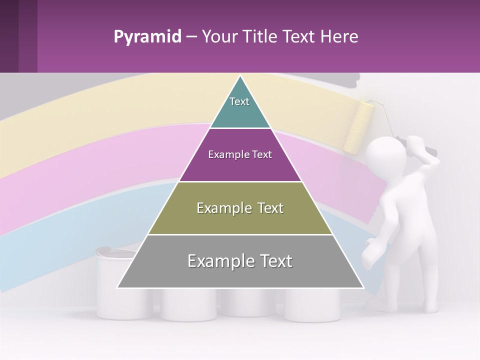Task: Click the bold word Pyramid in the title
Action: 147,37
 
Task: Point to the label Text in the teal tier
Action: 239,101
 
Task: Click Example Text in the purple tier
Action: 240,154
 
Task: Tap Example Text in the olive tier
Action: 240,208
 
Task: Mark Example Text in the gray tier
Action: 240,261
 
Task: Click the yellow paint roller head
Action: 359,127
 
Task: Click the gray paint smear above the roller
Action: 345,79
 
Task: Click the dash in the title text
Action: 191,37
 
